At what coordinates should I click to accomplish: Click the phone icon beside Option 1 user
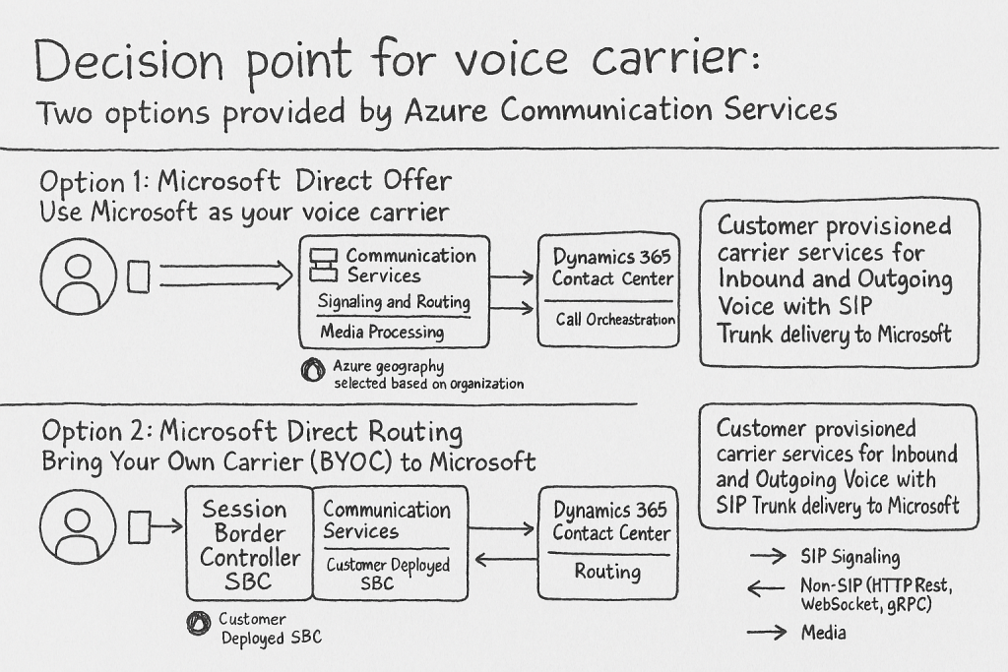coord(139,276)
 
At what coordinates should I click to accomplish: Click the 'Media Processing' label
coord(382,333)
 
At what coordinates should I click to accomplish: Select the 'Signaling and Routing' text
coord(394,302)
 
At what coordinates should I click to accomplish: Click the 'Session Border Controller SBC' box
coord(248,543)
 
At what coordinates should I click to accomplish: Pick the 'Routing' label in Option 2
coord(608,572)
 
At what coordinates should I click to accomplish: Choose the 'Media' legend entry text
coord(823,633)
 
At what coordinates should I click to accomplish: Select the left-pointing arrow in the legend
coord(767,589)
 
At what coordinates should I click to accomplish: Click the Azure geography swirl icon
coord(313,370)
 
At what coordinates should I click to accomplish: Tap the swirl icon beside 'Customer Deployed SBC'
coord(199,623)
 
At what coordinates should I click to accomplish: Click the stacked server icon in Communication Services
coord(324,265)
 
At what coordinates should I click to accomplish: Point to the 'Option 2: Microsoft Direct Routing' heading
coord(252,432)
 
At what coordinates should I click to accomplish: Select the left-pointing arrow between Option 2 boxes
coord(506,561)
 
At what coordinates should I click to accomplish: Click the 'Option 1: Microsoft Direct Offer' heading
coord(246,182)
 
